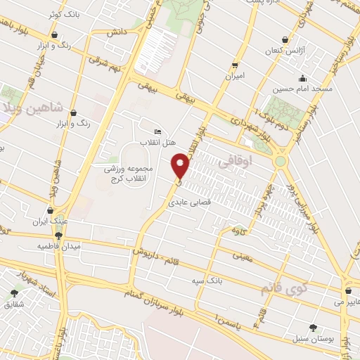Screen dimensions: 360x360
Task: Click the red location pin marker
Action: [181, 165]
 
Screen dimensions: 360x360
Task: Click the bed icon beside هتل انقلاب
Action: [157, 131]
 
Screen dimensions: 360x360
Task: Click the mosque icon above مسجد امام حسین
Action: [302, 78]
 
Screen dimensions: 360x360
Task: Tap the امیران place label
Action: [235, 75]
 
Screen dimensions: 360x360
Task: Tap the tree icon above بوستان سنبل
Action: [313, 328]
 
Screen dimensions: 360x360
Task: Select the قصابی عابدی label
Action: [188, 201]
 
